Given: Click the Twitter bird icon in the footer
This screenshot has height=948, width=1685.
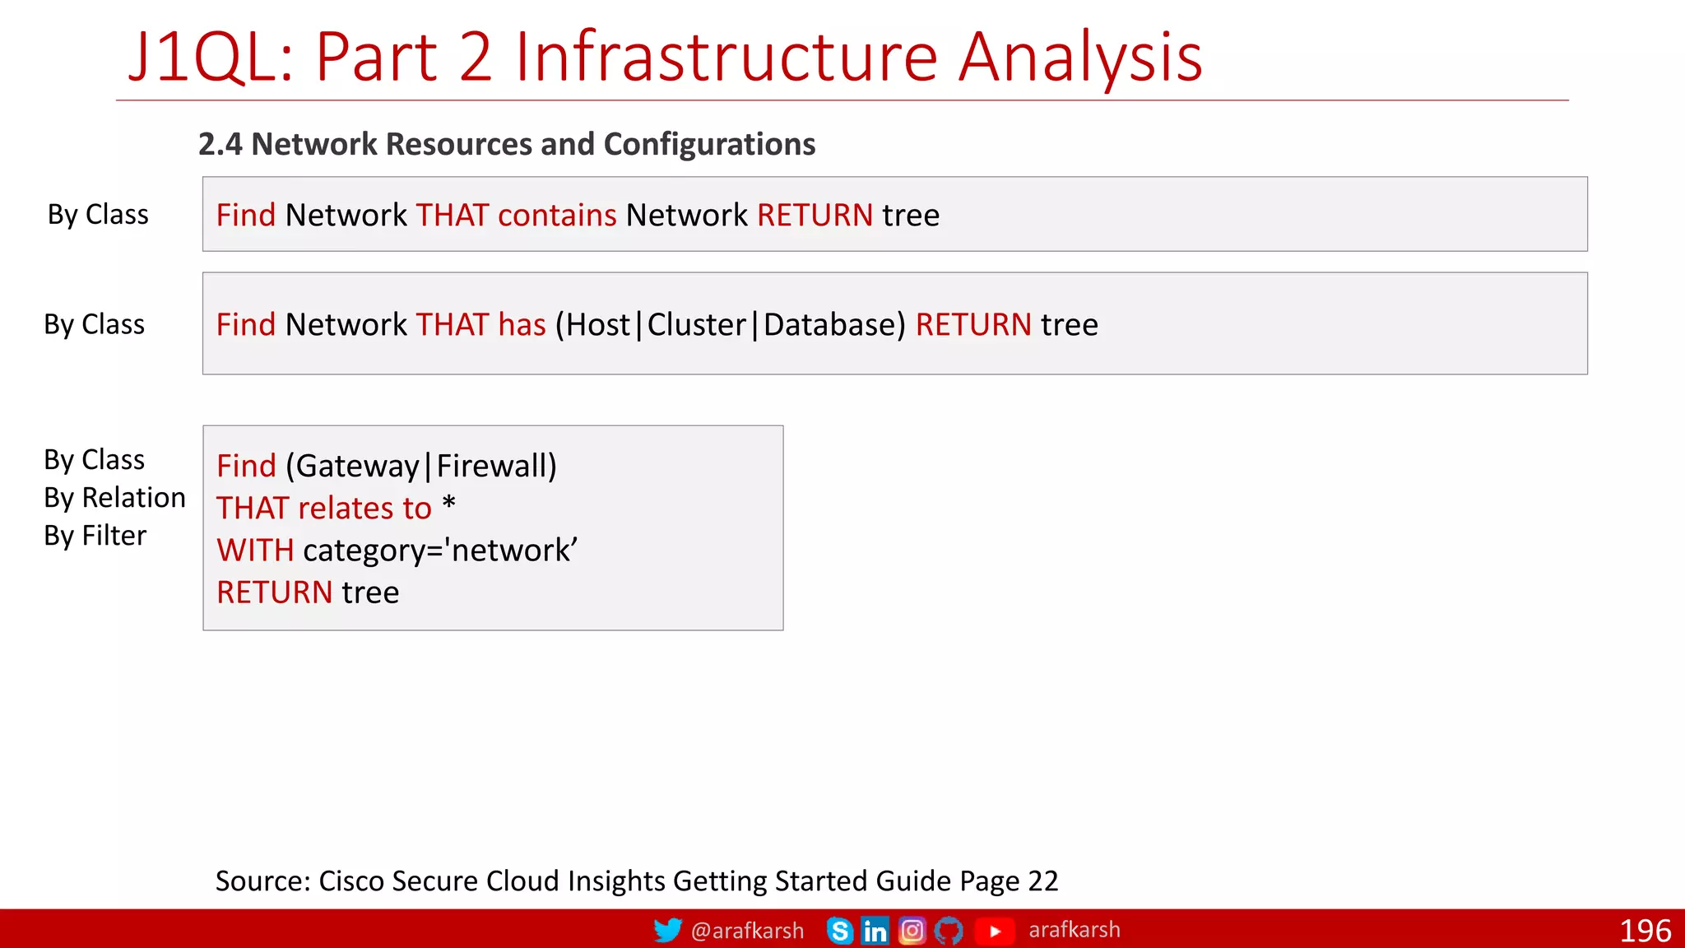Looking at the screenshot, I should pyautogui.click(x=667, y=931).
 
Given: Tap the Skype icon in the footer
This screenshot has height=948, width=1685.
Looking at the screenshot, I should pyautogui.click(x=840, y=931).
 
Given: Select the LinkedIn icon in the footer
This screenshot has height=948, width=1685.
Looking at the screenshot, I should pyautogui.click(x=875, y=931).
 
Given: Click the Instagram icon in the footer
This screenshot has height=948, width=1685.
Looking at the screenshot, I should pyautogui.click(x=912, y=931).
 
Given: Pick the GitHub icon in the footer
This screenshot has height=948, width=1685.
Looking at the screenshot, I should pyautogui.click(x=949, y=931).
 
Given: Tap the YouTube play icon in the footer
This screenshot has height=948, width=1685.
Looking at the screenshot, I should pyautogui.click(x=995, y=931).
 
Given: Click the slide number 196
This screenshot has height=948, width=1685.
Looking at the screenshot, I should pyautogui.click(x=1645, y=931).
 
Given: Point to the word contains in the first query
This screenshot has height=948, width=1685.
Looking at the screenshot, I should pyautogui.click(x=557, y=216).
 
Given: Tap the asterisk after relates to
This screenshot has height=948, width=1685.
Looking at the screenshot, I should pyautogui.click(x=448, y=504).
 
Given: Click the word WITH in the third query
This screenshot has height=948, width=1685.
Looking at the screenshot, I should pyautogui.click(x=255, y=551).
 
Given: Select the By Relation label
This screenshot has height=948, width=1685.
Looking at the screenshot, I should pyautogui.click(x=114, y=498).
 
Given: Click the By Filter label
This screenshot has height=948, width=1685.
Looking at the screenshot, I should pyautogui.click(x=95, y=536).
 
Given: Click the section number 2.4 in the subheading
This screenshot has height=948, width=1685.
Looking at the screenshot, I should pyautogui.click(x=220, y=145).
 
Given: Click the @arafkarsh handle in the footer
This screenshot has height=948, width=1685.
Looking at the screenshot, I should pyautogui.click(x=747, y=931).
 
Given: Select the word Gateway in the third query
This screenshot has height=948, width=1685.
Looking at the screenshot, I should pyautogui.click(x=358, y=467).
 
